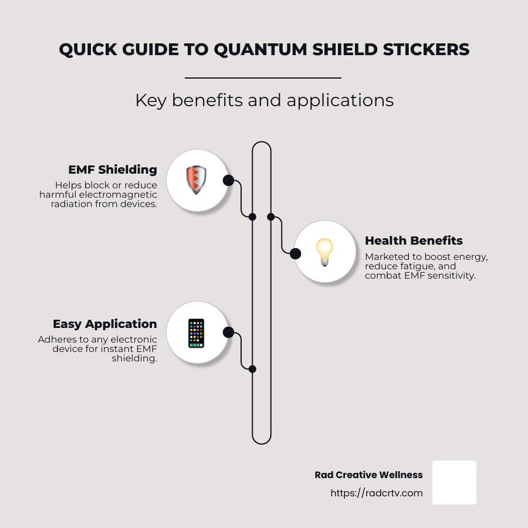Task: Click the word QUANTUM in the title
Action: (x=260, y=50)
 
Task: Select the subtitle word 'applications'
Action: (x=340, y=101)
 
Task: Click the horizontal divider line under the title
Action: (x=263, y=78)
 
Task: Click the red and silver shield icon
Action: (x=197, y=180)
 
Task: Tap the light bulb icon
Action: (x=324, y=252)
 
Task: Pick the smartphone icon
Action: (x=197, y=333)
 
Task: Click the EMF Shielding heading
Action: (x=113, y=170)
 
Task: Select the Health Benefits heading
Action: (x=414, y=241)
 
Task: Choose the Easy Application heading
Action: (x=105, y=324)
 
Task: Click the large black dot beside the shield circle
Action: (x=228, y=181)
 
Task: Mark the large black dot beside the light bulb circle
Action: (x=295, y=253)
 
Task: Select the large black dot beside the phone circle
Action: (x=228, y=333)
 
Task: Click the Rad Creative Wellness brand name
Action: (x=369, y=475)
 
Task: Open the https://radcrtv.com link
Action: (x=377, y=493)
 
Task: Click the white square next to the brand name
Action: (x=454, y=483)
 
